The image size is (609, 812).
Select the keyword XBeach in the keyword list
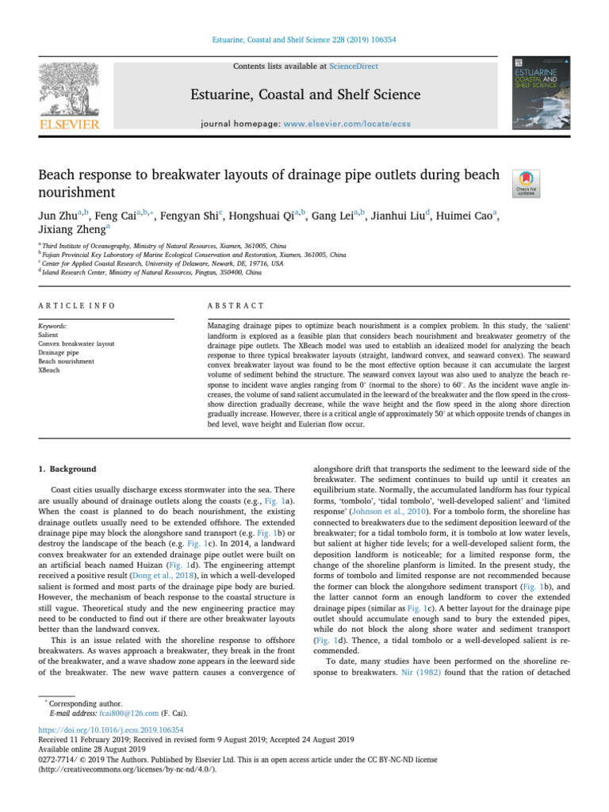tap(49, 369)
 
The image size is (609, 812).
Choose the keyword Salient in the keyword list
tap(49, 335)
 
